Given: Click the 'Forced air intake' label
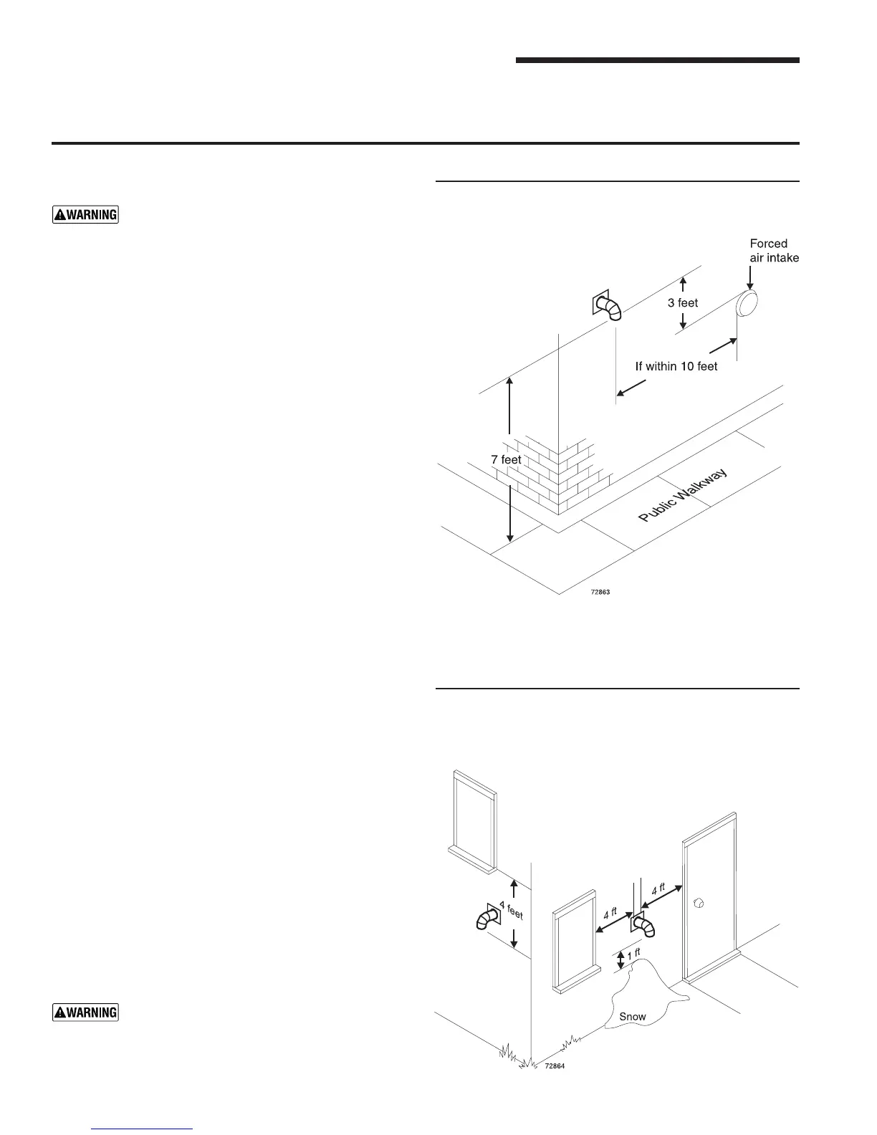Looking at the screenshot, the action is point(773,251).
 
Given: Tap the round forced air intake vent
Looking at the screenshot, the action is point(747,303).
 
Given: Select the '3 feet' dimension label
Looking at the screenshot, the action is point(683,303).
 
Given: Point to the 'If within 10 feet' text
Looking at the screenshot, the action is point(676,366).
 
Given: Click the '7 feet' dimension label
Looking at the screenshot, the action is point(506,459).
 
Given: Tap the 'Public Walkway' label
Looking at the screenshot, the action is point(683,496).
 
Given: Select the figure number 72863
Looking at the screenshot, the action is point(600,593).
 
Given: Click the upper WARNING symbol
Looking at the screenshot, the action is point(85,214).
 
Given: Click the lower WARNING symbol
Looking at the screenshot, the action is point(85,1012).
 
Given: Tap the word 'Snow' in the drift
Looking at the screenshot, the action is point(632,1017).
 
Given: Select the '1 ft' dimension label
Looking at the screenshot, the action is point(633,955).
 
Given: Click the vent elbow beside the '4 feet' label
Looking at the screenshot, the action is point(487,918).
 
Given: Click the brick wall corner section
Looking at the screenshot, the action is point(559,473).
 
